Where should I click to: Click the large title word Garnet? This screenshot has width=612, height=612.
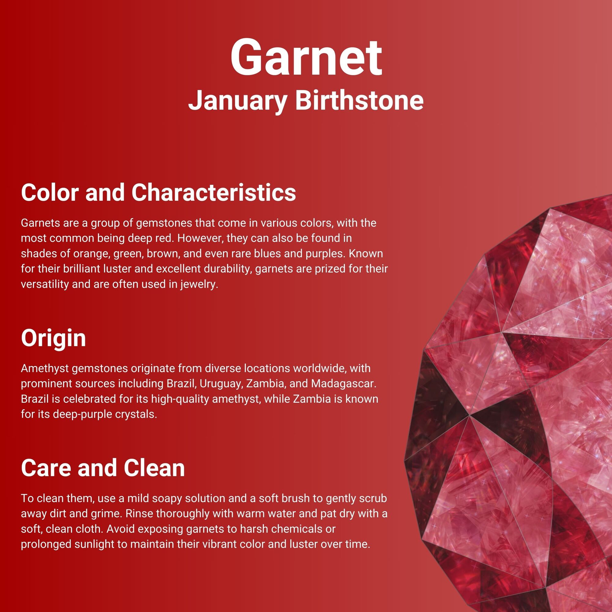click(x=306, y=58)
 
